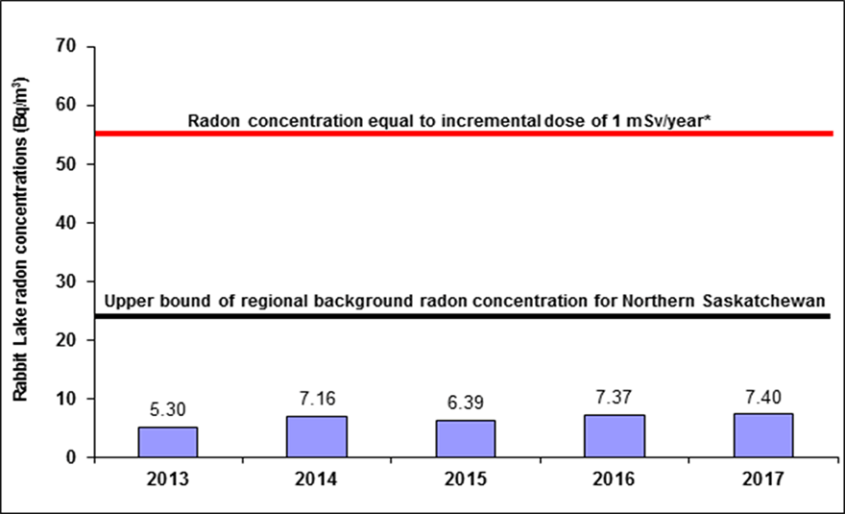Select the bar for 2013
168,442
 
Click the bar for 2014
316,437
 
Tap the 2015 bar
466,439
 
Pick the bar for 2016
615,436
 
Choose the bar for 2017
763,436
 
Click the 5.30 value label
168,410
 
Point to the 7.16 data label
318,399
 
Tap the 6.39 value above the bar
466,403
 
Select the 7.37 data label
614,398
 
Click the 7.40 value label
763,398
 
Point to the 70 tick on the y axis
66,46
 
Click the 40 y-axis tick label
66,222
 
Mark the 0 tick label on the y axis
72,457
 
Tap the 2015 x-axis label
466,479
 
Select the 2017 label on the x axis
763,479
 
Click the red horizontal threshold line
464,134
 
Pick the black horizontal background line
463,316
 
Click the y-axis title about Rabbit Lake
20,240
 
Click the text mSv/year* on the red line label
668,121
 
